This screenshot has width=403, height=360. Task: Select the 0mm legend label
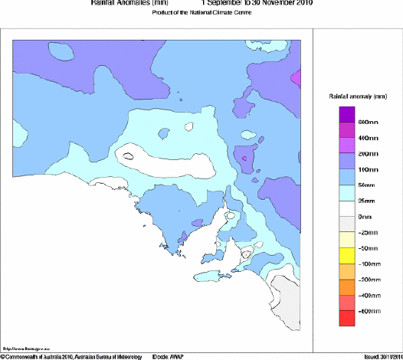[365, 217]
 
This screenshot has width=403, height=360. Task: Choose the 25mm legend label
[366, 201]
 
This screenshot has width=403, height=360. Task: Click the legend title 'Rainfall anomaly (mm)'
[357, 97]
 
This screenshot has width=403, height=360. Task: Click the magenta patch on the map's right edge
[296, 77]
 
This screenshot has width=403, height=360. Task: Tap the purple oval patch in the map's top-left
[61, 51]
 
